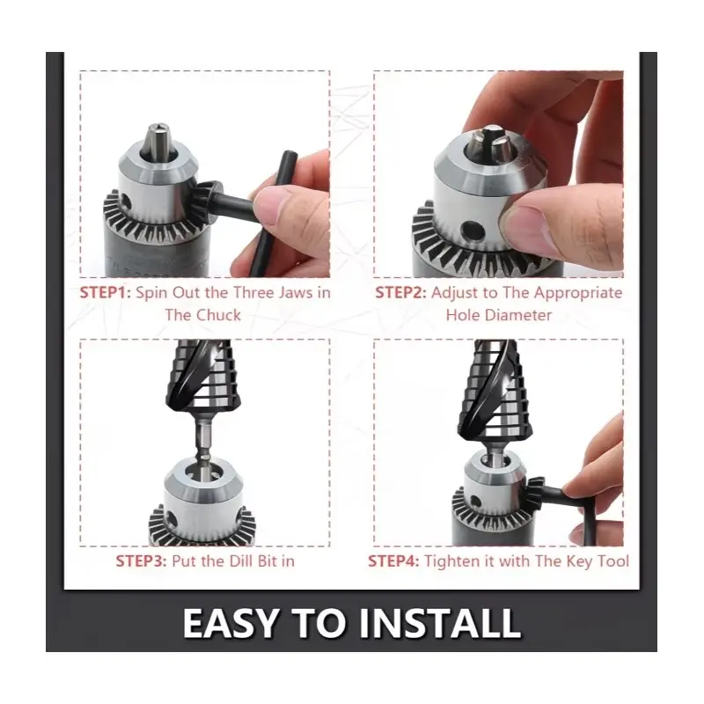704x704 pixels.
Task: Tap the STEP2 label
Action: (401, 292)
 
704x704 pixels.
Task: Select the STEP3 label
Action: (142, 561)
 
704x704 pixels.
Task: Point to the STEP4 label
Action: (393, 561)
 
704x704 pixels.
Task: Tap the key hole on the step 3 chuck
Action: (171, 518)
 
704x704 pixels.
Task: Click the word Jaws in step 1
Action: (296, 293)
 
